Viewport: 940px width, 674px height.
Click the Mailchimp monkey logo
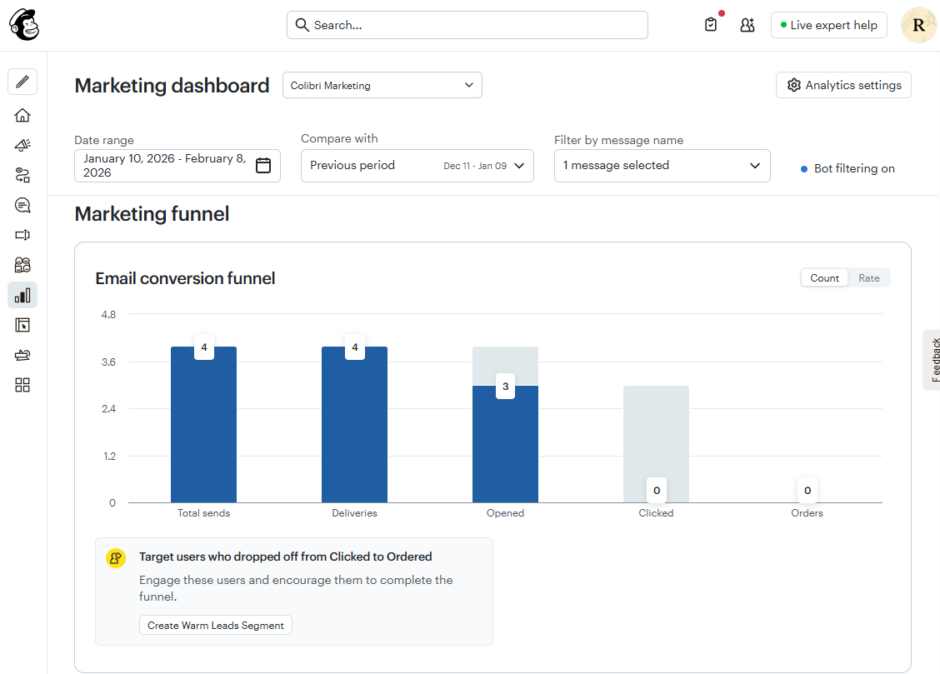[24, 25]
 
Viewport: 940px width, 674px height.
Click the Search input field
[467, 25]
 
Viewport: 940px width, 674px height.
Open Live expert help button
[828, 25]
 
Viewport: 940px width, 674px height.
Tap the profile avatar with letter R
[918, 25]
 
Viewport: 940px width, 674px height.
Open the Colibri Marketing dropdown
[382, 85]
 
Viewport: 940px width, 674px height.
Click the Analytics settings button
[843, 85]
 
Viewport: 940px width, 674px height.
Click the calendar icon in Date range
[263, 165]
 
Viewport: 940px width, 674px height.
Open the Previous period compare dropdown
[417, 165]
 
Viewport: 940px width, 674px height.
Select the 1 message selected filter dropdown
[662, 165]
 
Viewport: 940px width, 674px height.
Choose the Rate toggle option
[869, 278]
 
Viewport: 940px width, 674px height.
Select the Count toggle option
[824, 278]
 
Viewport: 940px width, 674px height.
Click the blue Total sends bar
[203, 433]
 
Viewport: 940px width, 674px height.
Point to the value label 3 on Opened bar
[505, 387]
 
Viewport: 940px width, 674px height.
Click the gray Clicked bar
[656, 433]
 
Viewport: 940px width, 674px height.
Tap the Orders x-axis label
[807, 513]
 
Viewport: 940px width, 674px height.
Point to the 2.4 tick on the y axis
[107, 409]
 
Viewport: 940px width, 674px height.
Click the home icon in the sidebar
[22, 115]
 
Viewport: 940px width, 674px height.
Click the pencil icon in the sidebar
[22, 82]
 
